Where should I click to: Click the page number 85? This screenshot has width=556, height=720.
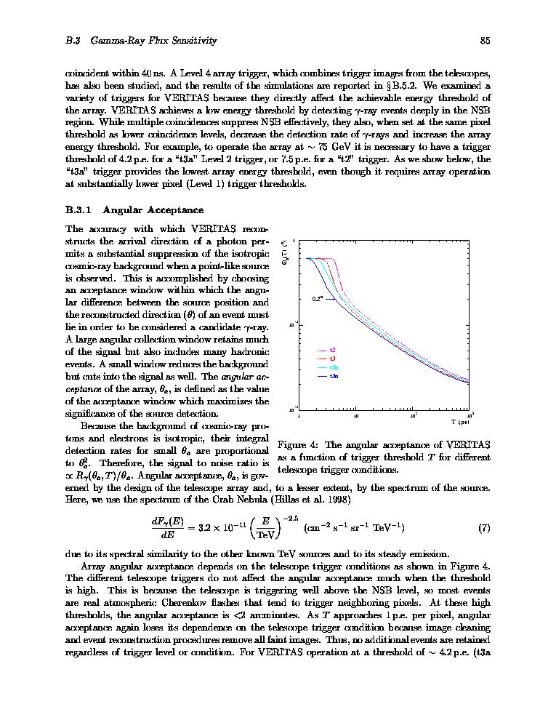[485, 41]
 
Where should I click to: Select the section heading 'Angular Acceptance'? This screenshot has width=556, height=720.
[153, 210]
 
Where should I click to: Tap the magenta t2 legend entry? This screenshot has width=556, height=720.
[332, 350]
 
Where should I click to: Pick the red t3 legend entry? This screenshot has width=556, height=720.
[332, 359]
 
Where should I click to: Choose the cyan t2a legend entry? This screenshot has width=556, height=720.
[334, 367]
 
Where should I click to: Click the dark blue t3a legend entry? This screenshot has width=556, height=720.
[334, 376]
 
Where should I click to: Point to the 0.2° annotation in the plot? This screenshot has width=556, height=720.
[318, 297]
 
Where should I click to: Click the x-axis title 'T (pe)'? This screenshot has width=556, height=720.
[459, 422]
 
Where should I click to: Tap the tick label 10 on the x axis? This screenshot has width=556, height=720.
[356, 416]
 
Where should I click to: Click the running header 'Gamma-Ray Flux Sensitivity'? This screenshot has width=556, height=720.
[153, 41]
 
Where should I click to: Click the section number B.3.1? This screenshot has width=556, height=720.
[78, 210]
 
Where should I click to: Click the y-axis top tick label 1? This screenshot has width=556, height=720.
[294, 240]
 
